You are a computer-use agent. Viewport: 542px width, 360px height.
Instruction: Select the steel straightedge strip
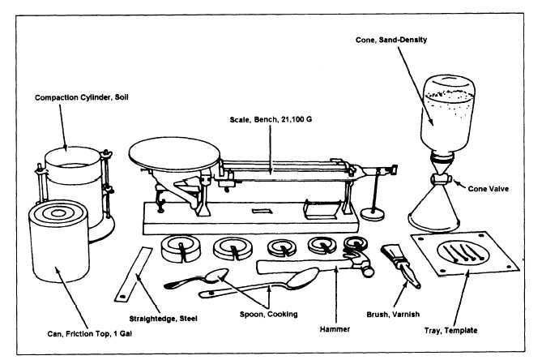(x=133, y=273)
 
